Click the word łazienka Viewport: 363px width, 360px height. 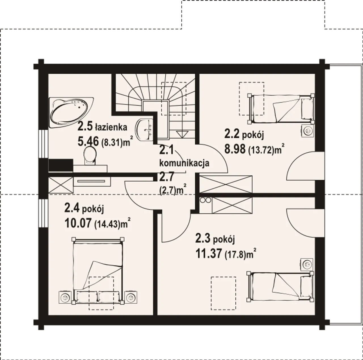click(x=111, y=127)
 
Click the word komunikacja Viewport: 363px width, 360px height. click(x=184, y=163)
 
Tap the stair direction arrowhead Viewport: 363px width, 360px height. click(x=182, y=134)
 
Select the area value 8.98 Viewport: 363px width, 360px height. click(x=235, y=149)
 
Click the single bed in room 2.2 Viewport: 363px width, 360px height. click(x=281, y=109)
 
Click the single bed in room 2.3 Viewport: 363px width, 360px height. click(x=280, y=287)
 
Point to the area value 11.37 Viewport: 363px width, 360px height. click(x=209, y=254)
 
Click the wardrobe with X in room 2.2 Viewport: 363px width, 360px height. click(x=226, y=184)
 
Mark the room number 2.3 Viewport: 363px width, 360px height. click(x=203, y=239)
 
